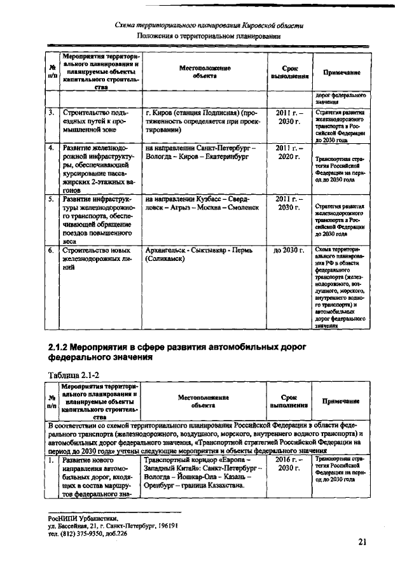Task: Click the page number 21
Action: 362,542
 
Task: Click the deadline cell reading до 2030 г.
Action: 289,251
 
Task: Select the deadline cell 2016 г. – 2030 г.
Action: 289,463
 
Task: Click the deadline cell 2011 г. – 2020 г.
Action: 289,152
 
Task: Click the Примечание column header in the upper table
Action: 341,73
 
